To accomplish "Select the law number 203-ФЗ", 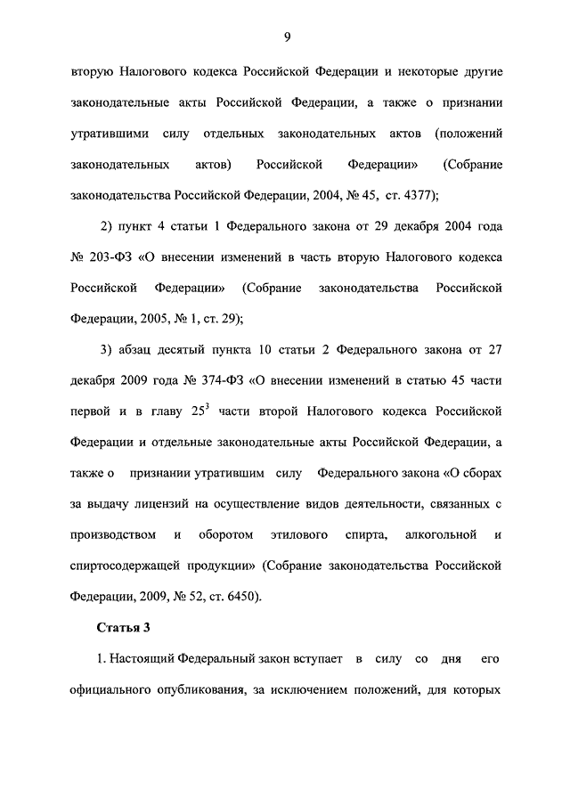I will click(x=102, y=257).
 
